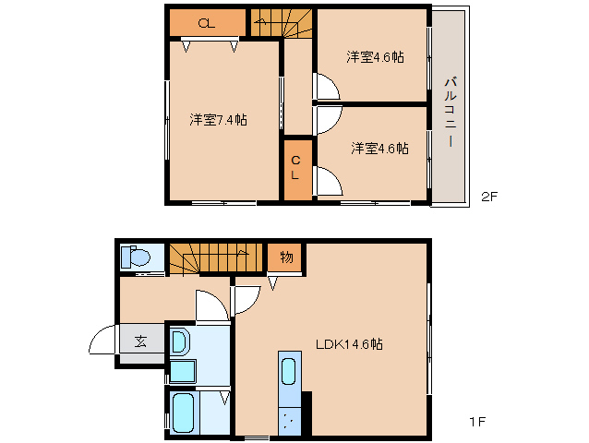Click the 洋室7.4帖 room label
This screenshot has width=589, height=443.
click(219, 119)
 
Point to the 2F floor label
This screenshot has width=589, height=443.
click(489, 196)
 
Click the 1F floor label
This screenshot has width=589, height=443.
click(476, 422)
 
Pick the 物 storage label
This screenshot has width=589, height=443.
click(286, 257)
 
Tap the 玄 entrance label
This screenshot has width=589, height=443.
click(140, 341)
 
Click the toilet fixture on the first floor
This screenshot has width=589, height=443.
click(138, 258)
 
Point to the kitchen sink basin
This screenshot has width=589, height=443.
click(288, 373)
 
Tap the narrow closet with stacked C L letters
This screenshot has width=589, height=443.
click(296, 168)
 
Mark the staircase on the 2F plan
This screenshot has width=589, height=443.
click(281, 22)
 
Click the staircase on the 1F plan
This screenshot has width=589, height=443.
click(212, 257)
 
